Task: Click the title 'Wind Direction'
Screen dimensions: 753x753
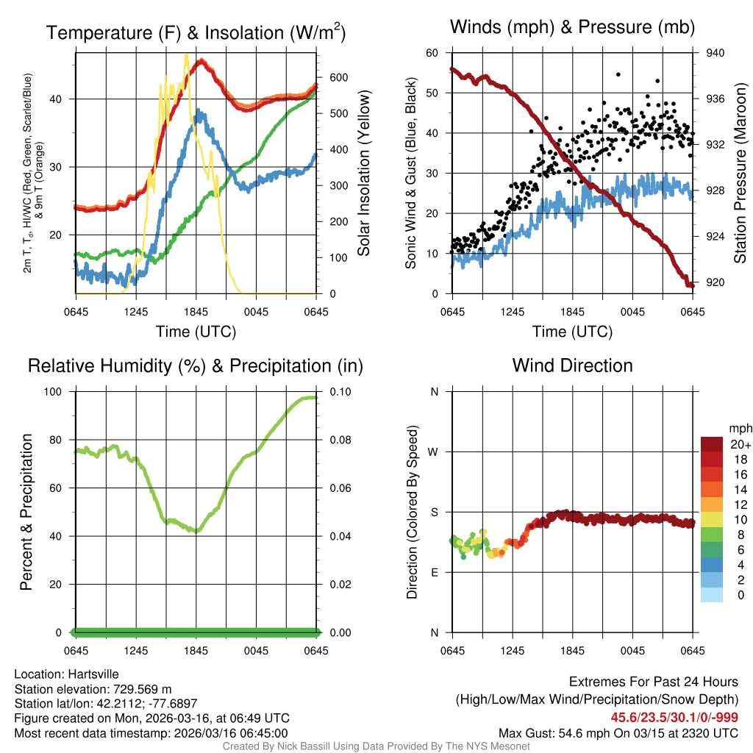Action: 572,365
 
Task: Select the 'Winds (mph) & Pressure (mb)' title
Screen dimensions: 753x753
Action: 572,28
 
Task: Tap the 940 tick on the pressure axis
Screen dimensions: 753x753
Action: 715,53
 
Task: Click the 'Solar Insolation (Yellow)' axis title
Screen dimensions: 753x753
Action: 363,174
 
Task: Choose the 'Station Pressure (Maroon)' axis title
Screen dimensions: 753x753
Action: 740,174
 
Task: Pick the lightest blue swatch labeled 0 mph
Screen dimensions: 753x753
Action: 712,596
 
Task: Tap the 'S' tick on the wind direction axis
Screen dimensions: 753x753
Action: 435,512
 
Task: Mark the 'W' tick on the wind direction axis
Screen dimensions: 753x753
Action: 434,452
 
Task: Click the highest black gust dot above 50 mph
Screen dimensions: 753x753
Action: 618,74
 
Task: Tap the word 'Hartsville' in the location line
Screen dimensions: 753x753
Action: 92,674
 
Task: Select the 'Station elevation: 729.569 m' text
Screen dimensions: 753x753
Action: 93,689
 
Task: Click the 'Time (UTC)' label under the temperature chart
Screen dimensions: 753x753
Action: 196,332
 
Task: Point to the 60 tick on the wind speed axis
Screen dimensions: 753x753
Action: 432,53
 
